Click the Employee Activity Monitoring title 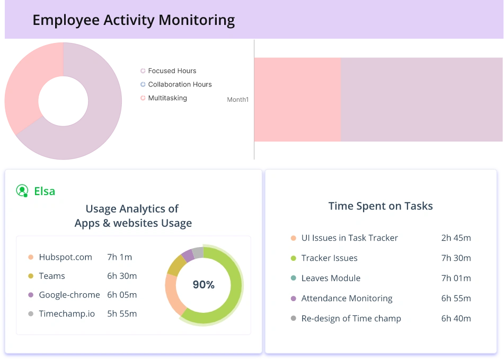click(x=134, y=21)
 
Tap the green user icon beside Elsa click(x=22, y=191)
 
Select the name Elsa click(x=45, y=191)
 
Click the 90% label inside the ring click(x=204, y=285)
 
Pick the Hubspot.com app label click(x=65, y=257)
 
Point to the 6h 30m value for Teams click(x=122, y=276)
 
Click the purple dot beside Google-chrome click(x=31, y=295)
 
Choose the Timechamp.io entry click(x=67, y=313)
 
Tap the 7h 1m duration click(x=120, y=257)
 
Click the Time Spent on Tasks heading click(x=381, y=206)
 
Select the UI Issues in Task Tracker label click(x=349, y=238)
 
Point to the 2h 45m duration click(x=456, y=238)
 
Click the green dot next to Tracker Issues click(x=294, y=258)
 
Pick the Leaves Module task click(x=331, y=278)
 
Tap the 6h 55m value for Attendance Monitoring click(x=456, y=298)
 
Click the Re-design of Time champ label click(x=351, y=318)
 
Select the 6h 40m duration click(x=456, y=318)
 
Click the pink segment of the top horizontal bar click(x=297, y=100)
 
